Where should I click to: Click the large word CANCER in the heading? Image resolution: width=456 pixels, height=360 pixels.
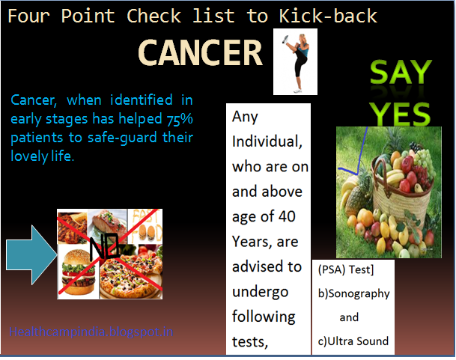coord(201,54)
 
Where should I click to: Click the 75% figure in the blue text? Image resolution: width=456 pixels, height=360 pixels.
coord(179,119)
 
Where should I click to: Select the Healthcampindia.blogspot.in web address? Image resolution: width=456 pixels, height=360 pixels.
coord(92,330)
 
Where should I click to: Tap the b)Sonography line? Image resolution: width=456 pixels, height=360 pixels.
coord(353,293)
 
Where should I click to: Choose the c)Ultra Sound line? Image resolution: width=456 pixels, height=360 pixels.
coord(353,341)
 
